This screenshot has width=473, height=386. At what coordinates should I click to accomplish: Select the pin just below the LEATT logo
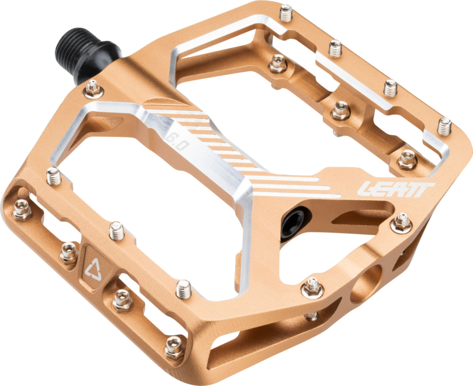coord(402,222)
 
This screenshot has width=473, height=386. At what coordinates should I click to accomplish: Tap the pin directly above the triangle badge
coord(116,231)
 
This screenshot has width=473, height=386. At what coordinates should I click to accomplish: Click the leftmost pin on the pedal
coord(22,209)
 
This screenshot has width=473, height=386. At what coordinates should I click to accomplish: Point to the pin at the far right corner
coord(444,125)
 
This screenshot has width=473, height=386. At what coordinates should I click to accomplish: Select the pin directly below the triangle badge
coord(122,301)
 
